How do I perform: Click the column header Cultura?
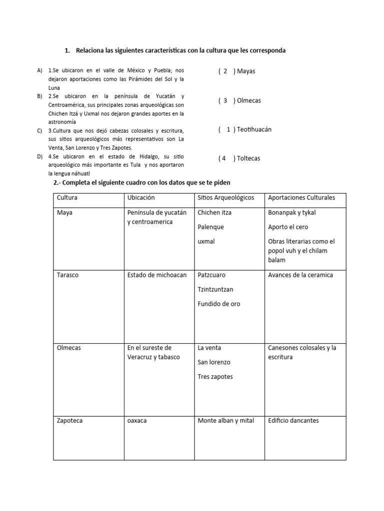[x=67, y=198]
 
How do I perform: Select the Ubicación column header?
[x=141, y=198]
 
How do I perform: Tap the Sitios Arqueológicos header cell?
[x=226, y=198]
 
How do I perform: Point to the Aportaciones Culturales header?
[x=301, y=198]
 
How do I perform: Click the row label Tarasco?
[x=68, y=275]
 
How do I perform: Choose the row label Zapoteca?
[x=70, y=421]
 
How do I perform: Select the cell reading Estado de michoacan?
[x=157, y=275]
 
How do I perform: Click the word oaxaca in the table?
[x=136, y=421]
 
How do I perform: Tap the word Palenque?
[x=210, y=227]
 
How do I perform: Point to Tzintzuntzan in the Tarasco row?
[x=215, y=289]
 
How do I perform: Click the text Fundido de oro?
[x=219, y=304]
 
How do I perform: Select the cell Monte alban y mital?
[x=226, y=421]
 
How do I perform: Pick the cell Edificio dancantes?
[x=293, y=421]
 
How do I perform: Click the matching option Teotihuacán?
[x=254, y=130]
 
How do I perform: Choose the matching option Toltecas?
[x=248, y=159]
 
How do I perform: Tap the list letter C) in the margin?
[x=39, y=131]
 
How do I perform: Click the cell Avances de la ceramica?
[x=300, y=275]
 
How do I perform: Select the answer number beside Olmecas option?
[x=226, y=101]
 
